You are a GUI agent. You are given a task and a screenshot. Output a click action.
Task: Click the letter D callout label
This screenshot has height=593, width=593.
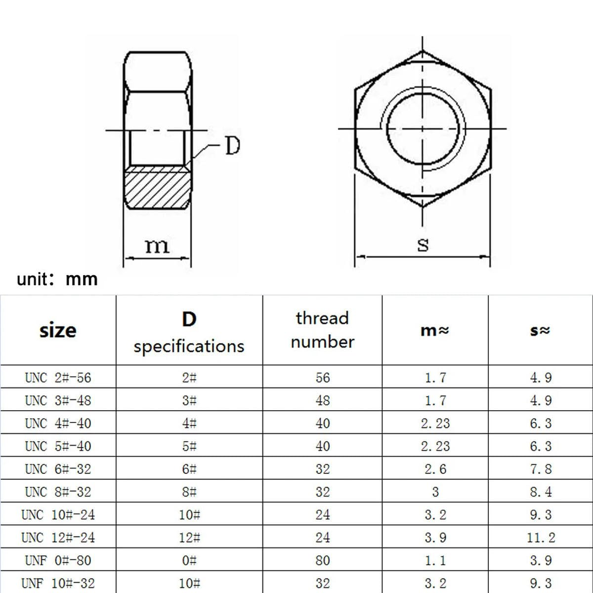coord(232,146)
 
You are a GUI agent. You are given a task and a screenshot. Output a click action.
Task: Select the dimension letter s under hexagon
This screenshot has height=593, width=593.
coord(423,244)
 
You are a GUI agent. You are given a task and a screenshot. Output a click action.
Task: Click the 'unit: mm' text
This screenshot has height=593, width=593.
coord(57,279)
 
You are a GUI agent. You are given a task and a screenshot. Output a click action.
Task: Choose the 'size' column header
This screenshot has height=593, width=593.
coord(58,330)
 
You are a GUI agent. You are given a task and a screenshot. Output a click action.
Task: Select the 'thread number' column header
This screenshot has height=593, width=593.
coord(322,330)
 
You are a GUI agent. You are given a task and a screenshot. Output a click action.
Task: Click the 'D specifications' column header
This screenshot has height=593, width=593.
coord(189,332)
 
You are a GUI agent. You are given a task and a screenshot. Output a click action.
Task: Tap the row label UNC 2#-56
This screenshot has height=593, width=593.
coord(58,378)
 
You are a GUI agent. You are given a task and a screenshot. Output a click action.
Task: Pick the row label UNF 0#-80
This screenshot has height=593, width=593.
coord(58,561)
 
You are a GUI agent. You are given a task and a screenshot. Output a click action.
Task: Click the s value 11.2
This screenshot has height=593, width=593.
coord(541,538)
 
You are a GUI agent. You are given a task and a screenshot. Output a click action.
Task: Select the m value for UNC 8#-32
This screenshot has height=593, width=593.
coord(435,492)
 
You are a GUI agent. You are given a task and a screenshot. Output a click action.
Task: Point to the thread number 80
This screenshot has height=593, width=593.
coord(322,561)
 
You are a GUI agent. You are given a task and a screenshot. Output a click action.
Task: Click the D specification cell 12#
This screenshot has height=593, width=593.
coord(189,538)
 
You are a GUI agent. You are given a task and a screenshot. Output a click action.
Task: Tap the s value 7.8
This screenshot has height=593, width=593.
coord(541,469)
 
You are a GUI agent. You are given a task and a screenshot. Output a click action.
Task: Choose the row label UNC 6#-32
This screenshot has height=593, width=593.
coord(58,469)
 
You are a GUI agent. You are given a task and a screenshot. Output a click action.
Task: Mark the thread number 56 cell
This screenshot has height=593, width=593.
coord(322,378)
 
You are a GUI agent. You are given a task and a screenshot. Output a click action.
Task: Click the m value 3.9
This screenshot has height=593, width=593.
coord(435,538)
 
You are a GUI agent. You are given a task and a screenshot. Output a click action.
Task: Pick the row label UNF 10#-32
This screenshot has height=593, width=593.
coord(58,584)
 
